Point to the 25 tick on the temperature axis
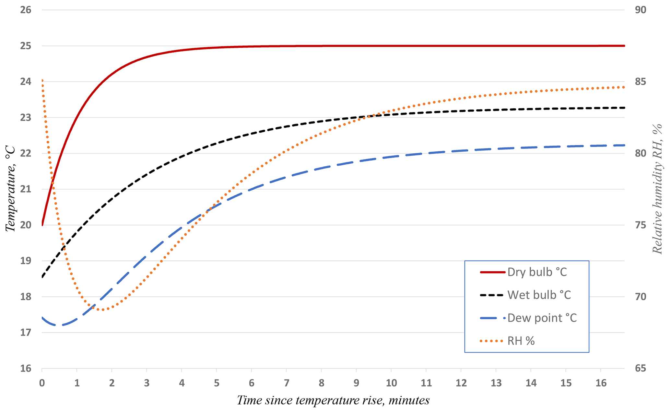coord(26,46)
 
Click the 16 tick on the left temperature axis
coord(26,369)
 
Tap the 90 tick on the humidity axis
coord(640,10)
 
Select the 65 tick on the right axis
coord(640,369)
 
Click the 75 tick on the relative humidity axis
coord(640,225)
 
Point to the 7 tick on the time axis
coord(287,383)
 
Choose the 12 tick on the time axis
coord(461,383)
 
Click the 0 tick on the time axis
coord(42,383)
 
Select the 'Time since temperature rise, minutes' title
coord(333,400)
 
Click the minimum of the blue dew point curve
coord(59,325)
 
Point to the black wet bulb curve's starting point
coord(42,277)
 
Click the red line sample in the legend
coord(492,272)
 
